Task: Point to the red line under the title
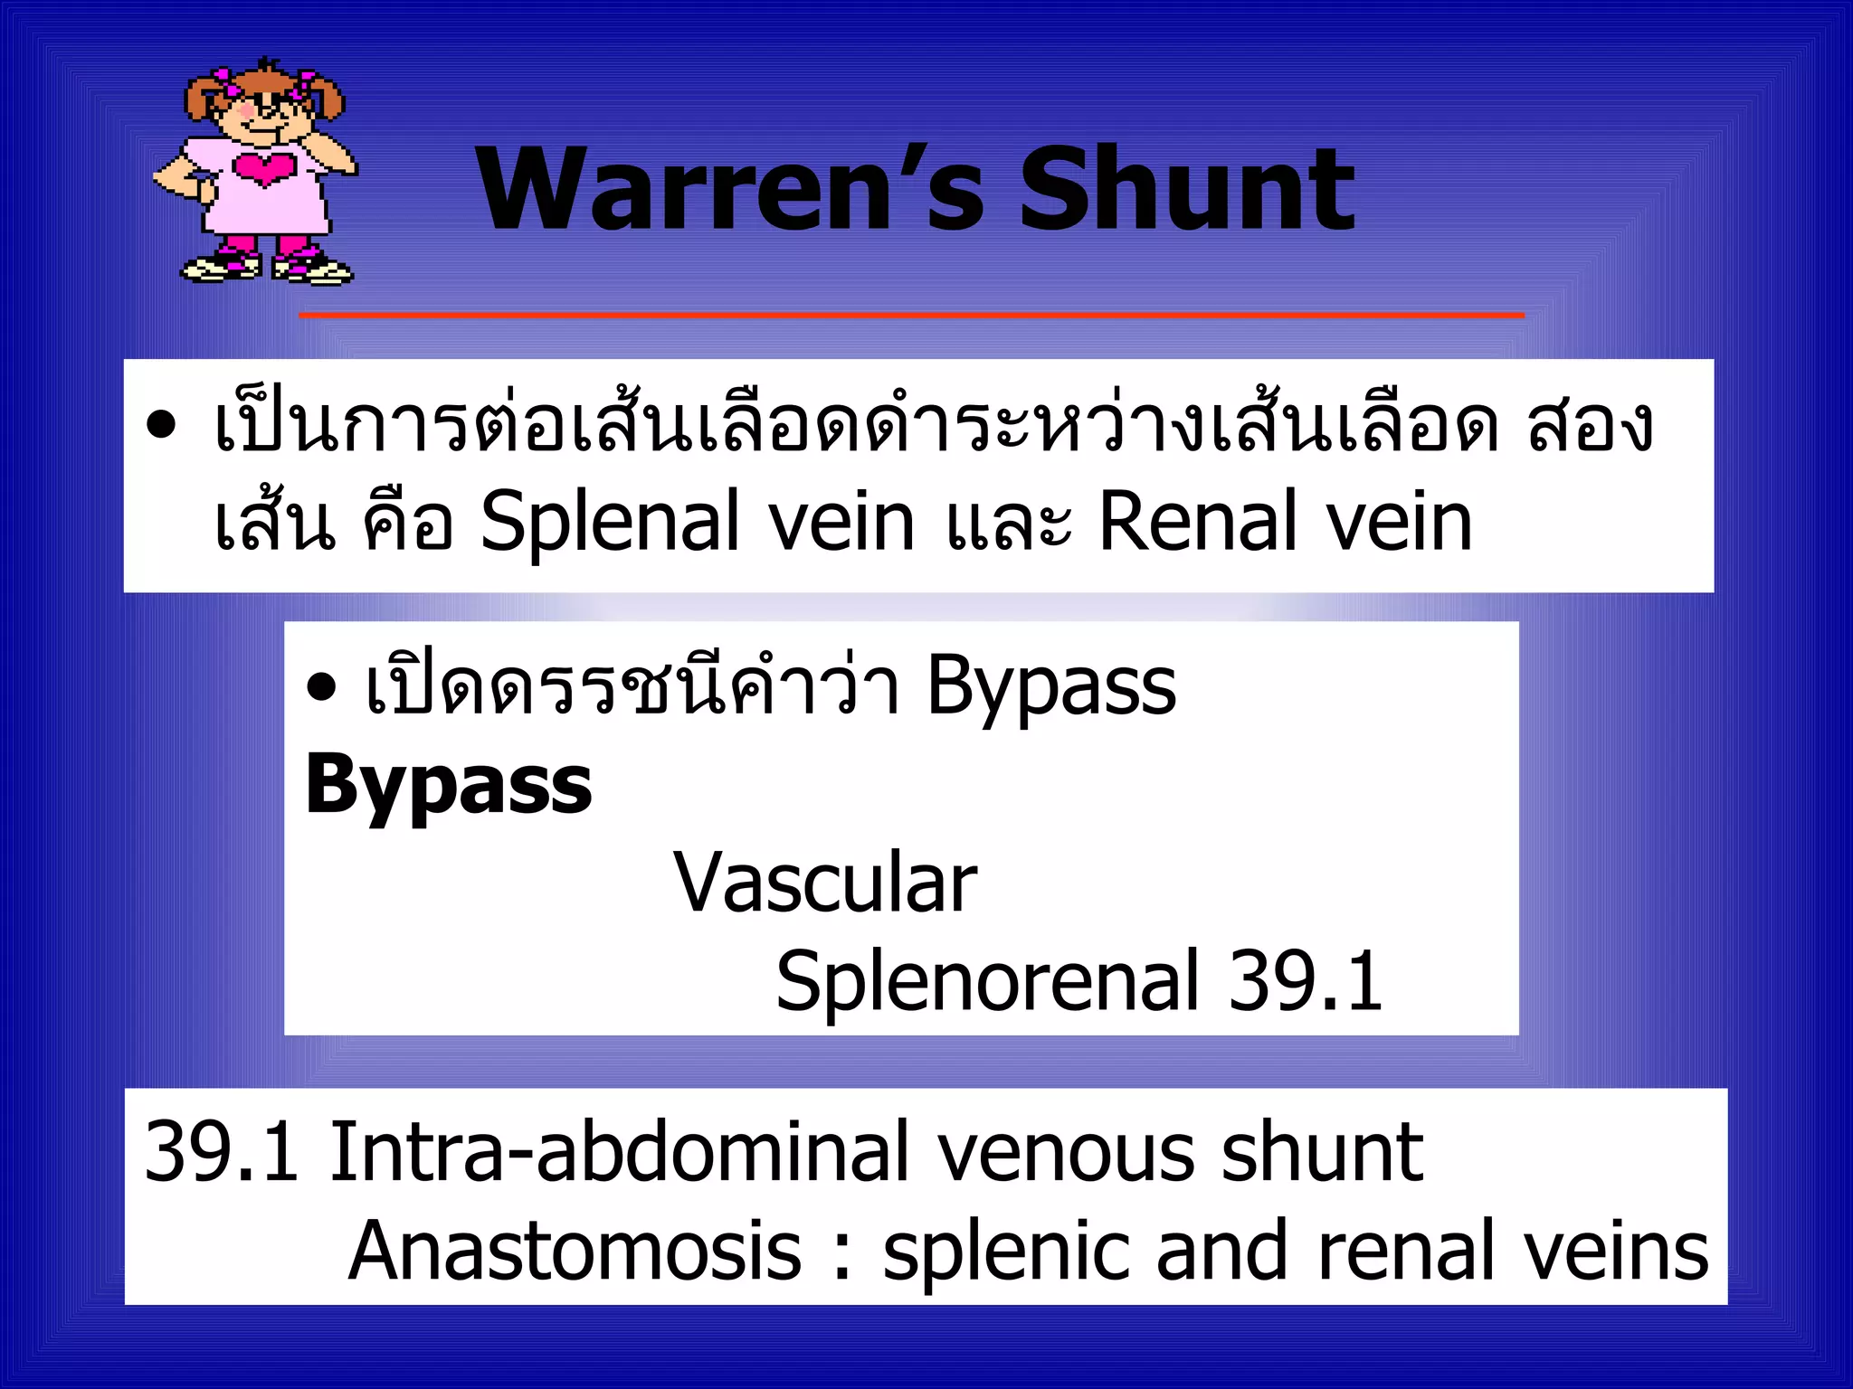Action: point(911,315)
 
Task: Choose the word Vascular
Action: point(825,883)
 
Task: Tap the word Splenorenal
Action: point(987,980)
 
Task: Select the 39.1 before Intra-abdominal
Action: point(222,1152)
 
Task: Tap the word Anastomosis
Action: point(575,1252)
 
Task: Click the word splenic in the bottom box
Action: point(1006,1252)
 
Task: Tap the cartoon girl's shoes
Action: point(267,268)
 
